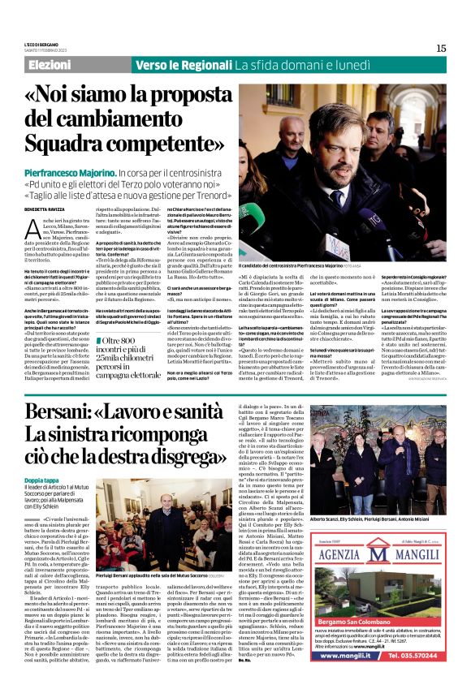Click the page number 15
pos(441,48)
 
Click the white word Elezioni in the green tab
pos(50,65)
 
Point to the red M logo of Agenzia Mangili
pos(335,555)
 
